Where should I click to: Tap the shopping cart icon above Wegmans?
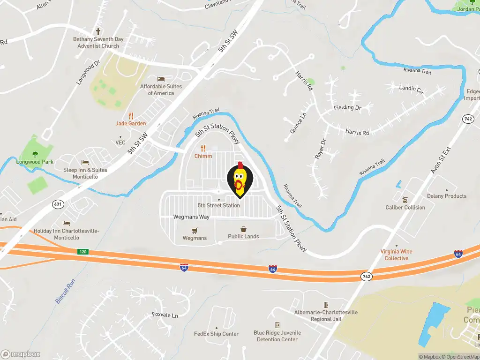click(x=195, y=230)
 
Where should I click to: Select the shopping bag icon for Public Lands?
click(x=244, y=229)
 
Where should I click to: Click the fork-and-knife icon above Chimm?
click(x=203, y=148)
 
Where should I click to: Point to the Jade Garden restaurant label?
click(x=131, y=123)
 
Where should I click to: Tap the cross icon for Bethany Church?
click(x=98, y=32)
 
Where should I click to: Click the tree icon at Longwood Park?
click(x=35, y=154)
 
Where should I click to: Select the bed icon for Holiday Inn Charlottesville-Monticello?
click(x=66, y=223)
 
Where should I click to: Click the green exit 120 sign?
click(x=83, y=252)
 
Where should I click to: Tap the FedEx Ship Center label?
click(x=217, y=334)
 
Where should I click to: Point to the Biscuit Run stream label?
click(x=65, y=291)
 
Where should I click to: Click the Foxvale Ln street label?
click(x=165, y=315)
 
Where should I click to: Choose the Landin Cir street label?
click(x=411, y=88)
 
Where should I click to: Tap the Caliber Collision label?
click(x=405, y=207)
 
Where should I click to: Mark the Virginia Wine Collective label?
click(x=397, y=255)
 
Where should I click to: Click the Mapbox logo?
click(x=21, y=354)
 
